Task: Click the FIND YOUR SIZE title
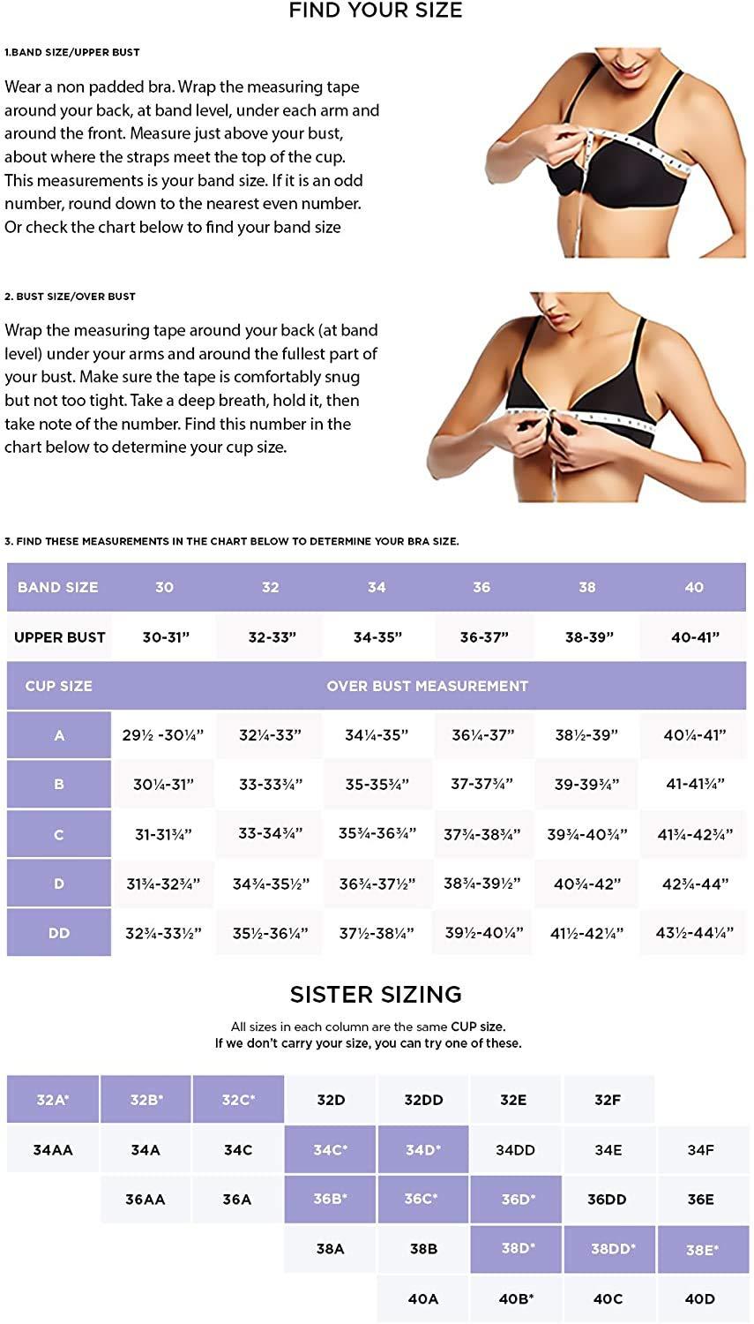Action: click(x=376, y=10)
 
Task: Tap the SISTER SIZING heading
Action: click(x=376, y=994)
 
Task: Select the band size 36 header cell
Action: click(x=482, y=587)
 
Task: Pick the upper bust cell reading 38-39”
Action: click(x=589, y=637)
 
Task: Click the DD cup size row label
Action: click(x=59, y=933)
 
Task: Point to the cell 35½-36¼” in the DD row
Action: click(x=271, y=933)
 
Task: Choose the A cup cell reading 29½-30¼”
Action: click(x=163, y=735)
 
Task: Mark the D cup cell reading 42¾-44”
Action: click(x=695, y=884)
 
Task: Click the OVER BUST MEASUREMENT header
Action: click(x=428, y=686)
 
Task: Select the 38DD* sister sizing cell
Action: click(x=610, y=1248)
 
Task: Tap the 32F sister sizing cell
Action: click(x=608, y=1100)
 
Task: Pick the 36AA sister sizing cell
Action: click(x=146, y=1200)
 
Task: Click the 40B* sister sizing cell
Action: click(x=516, y=1299)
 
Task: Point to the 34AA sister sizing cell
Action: click(x=53, y=1149)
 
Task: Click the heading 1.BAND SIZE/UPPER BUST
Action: click(x=72, y=52)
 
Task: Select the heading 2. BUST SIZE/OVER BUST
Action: click(x=70, y=296)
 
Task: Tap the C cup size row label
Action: click(x=59, y=834)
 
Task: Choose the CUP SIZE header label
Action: click(x=58, y=686)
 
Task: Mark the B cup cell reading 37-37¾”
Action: click(x=482, y=785)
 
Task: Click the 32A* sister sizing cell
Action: click(x=53, y=1100)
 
